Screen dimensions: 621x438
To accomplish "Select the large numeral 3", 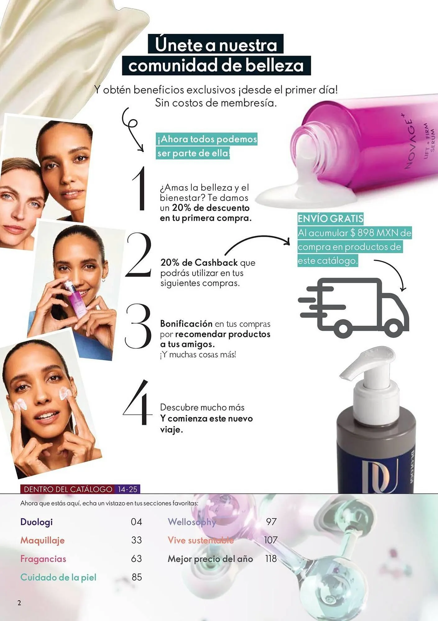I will [138, 326].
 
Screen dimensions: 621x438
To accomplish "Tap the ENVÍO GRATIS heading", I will [330, 219].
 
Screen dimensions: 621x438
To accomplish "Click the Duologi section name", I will [36, 522].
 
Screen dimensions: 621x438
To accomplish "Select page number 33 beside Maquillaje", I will [136, 540].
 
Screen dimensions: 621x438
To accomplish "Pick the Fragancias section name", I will [43, 559].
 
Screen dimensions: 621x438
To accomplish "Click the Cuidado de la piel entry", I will [58, 577].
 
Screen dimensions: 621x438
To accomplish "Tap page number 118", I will [271, 559].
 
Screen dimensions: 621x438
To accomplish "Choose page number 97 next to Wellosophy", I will [271, 522].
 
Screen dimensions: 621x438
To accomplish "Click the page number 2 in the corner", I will [19, 603].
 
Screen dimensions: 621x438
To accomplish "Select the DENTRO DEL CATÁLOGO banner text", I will [68, 489].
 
